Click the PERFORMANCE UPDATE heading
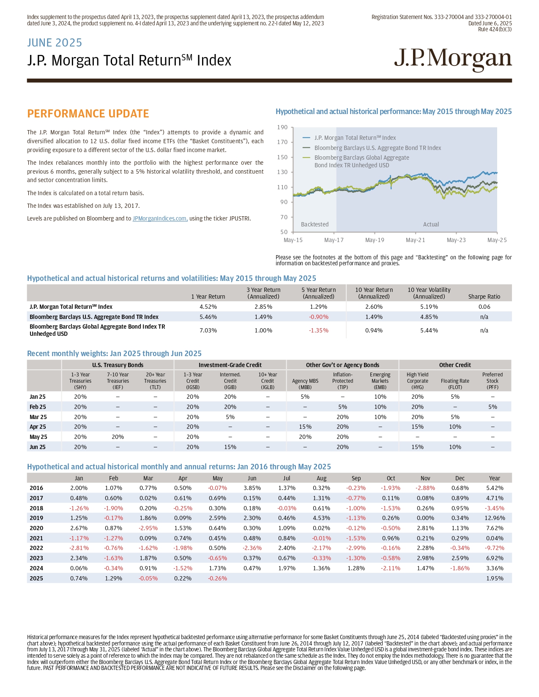88,114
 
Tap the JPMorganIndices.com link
160,218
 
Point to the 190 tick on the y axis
282,127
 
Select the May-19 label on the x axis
374,240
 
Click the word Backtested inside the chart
315,224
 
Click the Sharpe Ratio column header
484,297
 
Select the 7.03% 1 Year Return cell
208,330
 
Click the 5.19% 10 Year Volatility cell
429,307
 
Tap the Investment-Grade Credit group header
230,365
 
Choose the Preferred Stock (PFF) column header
492,381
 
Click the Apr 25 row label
38,427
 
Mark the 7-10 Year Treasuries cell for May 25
118,436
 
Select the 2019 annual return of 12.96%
494,518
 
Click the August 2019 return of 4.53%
321,518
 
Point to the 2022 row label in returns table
36,548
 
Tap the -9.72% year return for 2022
494,548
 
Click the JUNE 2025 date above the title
55,43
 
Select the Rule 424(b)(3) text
495,29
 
